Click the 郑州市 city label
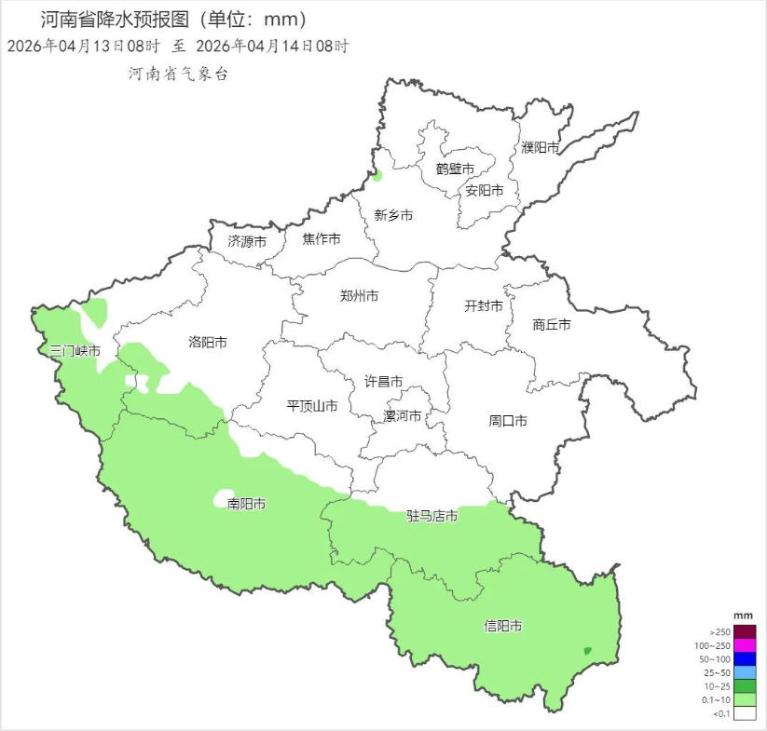(x=359, y=296)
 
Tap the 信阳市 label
(x=503, y=626)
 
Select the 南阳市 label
(x=247, y=504)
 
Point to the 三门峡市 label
(x=75, y=351)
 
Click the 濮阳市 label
(x=541, y=147)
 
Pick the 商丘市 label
(x=552, y=325)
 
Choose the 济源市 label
(x=247, y=240)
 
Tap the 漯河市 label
(x=403, y=416)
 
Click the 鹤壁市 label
(x=455, y=169)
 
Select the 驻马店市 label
(x=431, y=516)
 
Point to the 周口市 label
(x=508, y=421)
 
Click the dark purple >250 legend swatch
(x=744, y=631)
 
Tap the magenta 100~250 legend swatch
(x=744, y=645)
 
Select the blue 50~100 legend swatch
(x=744, y=659)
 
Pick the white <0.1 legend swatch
(x=744, y=713)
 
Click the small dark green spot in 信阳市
(x=586, y=651)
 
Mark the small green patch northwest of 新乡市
(x=377, y=175)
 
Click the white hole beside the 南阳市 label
(x=224, y=495)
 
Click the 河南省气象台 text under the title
(x=178, y=74)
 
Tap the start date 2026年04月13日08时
(x=83, y=45)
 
